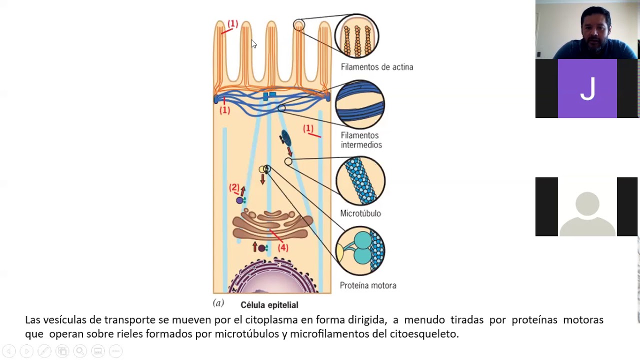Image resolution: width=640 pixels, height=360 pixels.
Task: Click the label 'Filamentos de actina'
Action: coord(376,67)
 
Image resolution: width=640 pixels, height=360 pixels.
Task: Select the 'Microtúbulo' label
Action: coord(360,213)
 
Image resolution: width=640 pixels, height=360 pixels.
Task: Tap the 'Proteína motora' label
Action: coord(367,285)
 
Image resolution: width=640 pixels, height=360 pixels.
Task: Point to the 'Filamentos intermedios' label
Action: coord(361,140)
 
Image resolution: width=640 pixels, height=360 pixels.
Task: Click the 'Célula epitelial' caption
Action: coord(269,305)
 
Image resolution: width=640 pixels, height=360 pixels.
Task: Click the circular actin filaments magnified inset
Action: coord(357,36)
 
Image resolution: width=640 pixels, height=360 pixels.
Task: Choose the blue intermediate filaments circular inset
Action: coord(360,104)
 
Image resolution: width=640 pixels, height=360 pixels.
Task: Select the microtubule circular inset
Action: coord(360,181)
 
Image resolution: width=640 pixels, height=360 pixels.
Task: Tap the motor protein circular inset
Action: coord(360,250)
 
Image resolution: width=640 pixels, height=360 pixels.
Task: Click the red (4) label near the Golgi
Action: coord(283,247)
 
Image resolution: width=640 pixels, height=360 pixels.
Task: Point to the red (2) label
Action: coord(234,187)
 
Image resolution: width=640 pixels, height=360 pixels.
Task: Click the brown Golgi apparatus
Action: coord(272,224)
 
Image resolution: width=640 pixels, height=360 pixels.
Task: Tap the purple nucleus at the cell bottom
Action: coord(272,280)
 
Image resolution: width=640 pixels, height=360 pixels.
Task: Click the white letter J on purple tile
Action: coord(587,89)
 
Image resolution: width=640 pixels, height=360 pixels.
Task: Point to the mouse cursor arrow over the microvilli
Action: coord(253,44)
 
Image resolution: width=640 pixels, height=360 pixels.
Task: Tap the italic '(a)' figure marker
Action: coord(218,303)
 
